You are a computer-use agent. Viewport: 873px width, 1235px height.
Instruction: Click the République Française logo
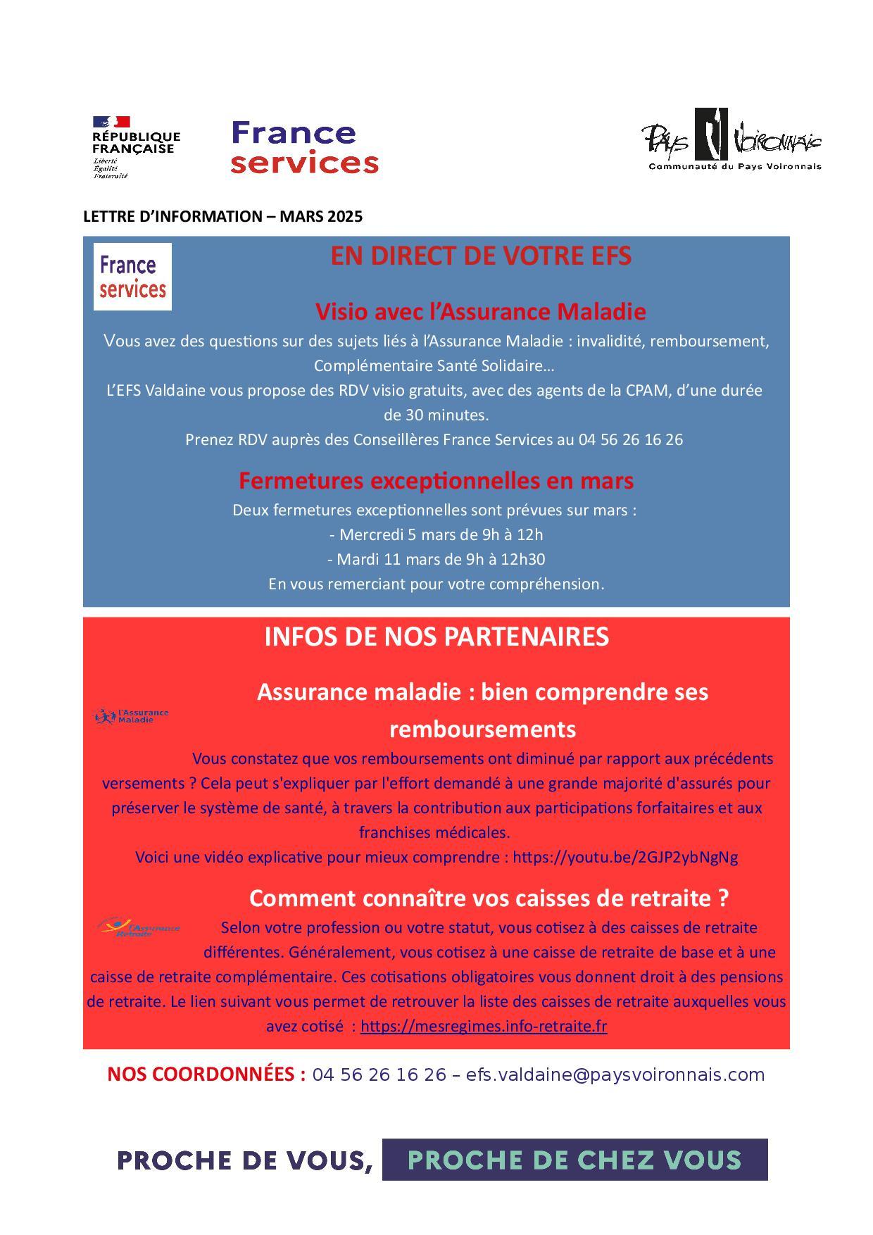tap(136, 146)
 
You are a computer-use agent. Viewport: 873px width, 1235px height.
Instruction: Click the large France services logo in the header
tap(304, 147)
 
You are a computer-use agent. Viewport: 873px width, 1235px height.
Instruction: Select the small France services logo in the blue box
tap(132, 277)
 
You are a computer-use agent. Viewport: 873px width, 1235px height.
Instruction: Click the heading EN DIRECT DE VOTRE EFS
tap(481, 256)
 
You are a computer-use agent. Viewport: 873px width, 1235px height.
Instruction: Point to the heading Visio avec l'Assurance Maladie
tap(480, 311)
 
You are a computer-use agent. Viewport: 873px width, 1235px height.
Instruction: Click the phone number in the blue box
tap(630, 440)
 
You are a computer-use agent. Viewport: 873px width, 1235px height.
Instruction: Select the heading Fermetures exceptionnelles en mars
tap(436, 481)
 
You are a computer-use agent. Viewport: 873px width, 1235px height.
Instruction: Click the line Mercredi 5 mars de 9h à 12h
tap(436, 535)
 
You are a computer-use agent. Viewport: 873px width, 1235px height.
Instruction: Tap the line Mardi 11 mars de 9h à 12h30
tap(436, 560)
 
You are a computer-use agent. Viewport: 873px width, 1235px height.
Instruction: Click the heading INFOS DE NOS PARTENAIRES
tap(436, 637)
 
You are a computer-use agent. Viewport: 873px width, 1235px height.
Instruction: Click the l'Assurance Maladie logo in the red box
tap(132, 717)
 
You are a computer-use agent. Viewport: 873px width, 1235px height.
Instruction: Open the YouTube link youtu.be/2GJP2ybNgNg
tap(625, 858)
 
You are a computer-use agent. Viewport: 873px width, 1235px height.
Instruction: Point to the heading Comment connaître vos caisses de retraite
tap(489, 898)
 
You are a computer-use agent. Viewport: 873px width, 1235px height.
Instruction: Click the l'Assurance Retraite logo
tap(139, 927)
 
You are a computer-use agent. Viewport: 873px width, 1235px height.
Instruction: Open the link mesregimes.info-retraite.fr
tap(484, 1027)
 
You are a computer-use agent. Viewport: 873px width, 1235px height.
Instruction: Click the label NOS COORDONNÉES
tap(206, 1075)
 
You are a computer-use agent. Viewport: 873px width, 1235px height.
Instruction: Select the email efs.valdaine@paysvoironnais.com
tap(615, 1075)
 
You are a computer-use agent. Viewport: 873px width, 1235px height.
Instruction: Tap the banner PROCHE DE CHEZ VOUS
tap(574, 1160)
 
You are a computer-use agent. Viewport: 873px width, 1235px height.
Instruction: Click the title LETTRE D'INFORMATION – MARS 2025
tap(222, 217)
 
